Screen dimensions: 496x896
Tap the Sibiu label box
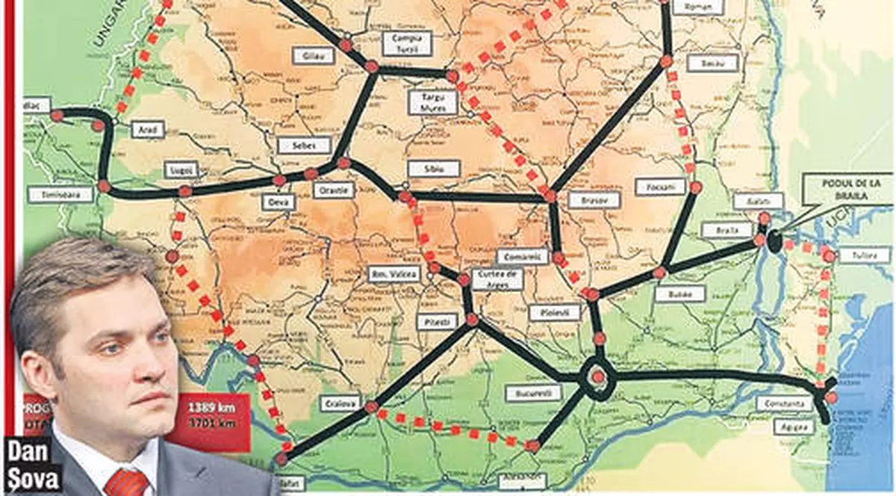(x=434, y=169)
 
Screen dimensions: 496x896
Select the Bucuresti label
(x=532, y=392)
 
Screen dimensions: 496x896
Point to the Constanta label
(x=783, y=403)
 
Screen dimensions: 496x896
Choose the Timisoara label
(x=60, y=194)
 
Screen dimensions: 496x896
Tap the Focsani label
(x=660, y=186)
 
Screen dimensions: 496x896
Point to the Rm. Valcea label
(x=394, y=274)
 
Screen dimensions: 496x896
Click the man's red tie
(x=126, y=482)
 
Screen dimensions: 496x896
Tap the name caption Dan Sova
(x=32, y=463)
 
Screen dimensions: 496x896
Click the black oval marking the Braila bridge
(x=775, y=241)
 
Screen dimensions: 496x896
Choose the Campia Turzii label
(x=407, y=43)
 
